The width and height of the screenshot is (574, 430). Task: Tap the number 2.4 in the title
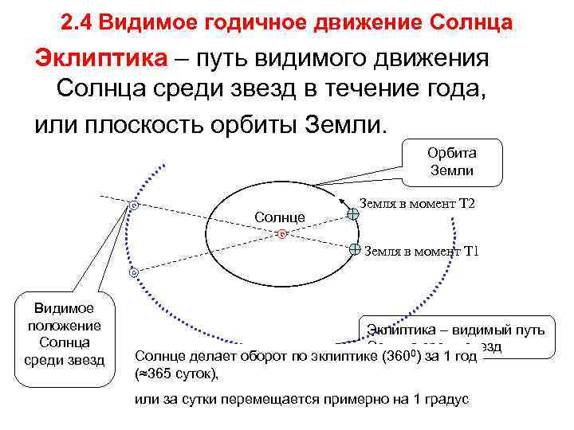pos(77,22)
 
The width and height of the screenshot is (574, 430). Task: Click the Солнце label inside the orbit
pos(279,217)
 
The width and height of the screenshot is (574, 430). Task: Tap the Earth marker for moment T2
pos(353,213)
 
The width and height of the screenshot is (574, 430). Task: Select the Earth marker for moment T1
pos(356,248)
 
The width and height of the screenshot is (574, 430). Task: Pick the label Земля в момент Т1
pos(421,252)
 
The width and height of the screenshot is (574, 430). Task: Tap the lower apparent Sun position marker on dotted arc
pos(133,272)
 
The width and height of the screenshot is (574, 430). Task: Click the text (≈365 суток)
pos(177,373)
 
